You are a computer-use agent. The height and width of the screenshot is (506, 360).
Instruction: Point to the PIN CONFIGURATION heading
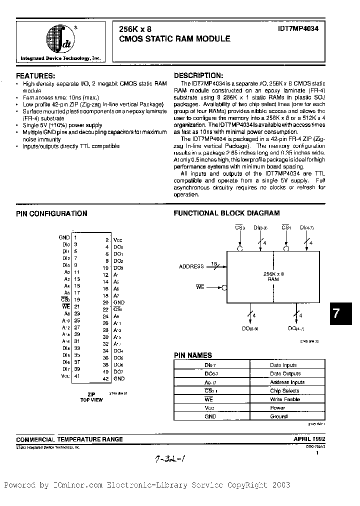coord(51,213)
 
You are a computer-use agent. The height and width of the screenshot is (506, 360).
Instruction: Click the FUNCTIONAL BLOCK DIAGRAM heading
coord(226,213)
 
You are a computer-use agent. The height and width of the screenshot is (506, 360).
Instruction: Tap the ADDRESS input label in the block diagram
coord(191,266)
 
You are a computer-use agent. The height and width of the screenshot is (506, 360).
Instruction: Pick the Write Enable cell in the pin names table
coord(284,399)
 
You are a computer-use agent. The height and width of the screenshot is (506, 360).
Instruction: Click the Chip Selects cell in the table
coord(284,390)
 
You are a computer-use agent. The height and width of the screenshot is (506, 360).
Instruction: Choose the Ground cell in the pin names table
coord(279,416)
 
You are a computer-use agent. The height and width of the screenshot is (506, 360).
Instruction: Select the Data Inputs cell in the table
coord(283,365)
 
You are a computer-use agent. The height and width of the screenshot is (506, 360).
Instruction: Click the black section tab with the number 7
coord(336,313)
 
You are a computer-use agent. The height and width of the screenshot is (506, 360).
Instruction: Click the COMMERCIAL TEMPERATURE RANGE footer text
coord(69,439)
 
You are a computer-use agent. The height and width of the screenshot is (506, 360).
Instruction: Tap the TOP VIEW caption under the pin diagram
coord(91,400)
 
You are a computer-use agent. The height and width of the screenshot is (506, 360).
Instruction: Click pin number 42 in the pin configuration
coord(105,379)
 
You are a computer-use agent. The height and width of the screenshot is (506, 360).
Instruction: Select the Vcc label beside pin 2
coord(118,240)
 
